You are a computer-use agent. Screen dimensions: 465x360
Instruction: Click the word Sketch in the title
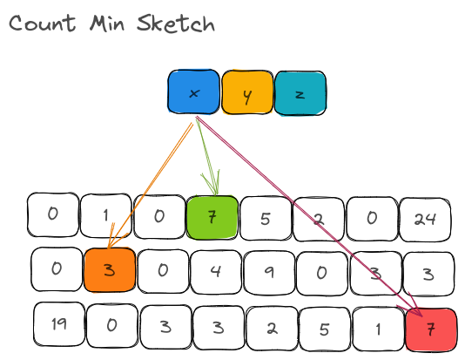176,24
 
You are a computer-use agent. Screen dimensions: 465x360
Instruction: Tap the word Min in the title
107,23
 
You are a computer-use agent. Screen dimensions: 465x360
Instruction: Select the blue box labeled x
193,92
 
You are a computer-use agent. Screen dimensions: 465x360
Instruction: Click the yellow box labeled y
247,92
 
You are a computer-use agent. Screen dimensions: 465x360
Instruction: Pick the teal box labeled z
300,93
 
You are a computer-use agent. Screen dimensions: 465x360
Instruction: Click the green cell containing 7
212,218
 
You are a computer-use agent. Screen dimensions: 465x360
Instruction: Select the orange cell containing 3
110,270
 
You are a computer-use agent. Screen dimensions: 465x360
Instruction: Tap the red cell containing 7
431,329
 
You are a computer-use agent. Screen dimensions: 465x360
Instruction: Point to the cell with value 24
425,220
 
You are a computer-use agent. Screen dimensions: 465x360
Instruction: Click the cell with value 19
59,324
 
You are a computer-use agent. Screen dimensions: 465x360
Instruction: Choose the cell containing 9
269,273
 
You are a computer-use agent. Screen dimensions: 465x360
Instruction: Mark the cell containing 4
216,272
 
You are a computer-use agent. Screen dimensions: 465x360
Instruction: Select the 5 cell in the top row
266,219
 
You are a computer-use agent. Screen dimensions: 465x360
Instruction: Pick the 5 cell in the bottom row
325,329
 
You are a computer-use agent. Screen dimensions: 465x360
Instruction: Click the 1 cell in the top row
106,215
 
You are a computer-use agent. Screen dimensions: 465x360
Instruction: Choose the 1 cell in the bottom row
378,329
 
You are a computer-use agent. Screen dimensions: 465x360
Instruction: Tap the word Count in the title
42,23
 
